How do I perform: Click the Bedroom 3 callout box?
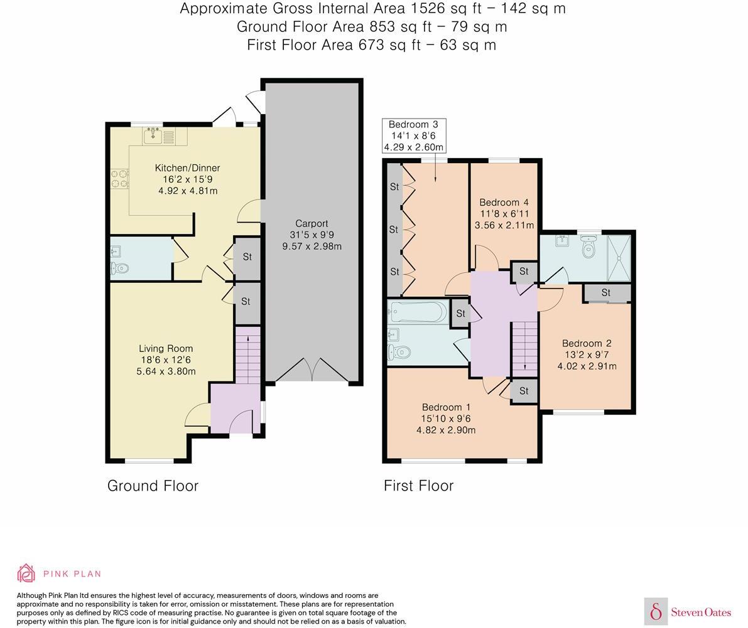(x=414, y=136)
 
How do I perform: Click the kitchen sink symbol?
(x=153, y=135)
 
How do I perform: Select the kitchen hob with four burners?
(x=119, y=179)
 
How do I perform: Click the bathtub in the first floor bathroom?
(x=417, y=311)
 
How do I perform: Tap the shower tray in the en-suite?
(x=619, y=257)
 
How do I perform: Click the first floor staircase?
(x=524, y=348)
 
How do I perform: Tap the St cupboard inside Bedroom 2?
(x=606, y=293)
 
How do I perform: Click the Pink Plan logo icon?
(x=26, y=573)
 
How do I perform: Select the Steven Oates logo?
(x=688, y=612)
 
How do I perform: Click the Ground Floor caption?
(x=153, y=486)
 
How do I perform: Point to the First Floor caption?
(x=418, y=486)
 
